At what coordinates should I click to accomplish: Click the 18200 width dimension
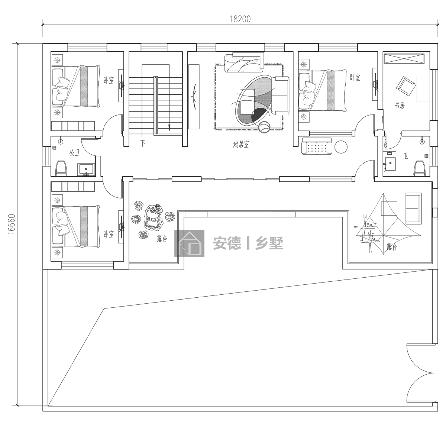[240, 19]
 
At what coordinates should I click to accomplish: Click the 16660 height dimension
[12, 224]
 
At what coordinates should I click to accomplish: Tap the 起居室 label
[241, 145]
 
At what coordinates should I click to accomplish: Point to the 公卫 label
[75, 153]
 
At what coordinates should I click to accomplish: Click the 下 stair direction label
[143, 143]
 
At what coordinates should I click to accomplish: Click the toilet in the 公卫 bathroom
[61, 168]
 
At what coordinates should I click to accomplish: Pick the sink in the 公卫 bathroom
[87, 169]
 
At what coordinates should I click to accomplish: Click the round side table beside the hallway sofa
[341, 147]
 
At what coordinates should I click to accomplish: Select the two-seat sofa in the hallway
[317, 146]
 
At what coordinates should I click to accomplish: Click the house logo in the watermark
[189, 243]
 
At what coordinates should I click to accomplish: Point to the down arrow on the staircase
[169, 127]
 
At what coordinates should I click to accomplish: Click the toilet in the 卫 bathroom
[420, 168]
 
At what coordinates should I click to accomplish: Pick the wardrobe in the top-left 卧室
[73, 126]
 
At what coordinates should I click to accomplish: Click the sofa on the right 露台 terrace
[413, 208]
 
